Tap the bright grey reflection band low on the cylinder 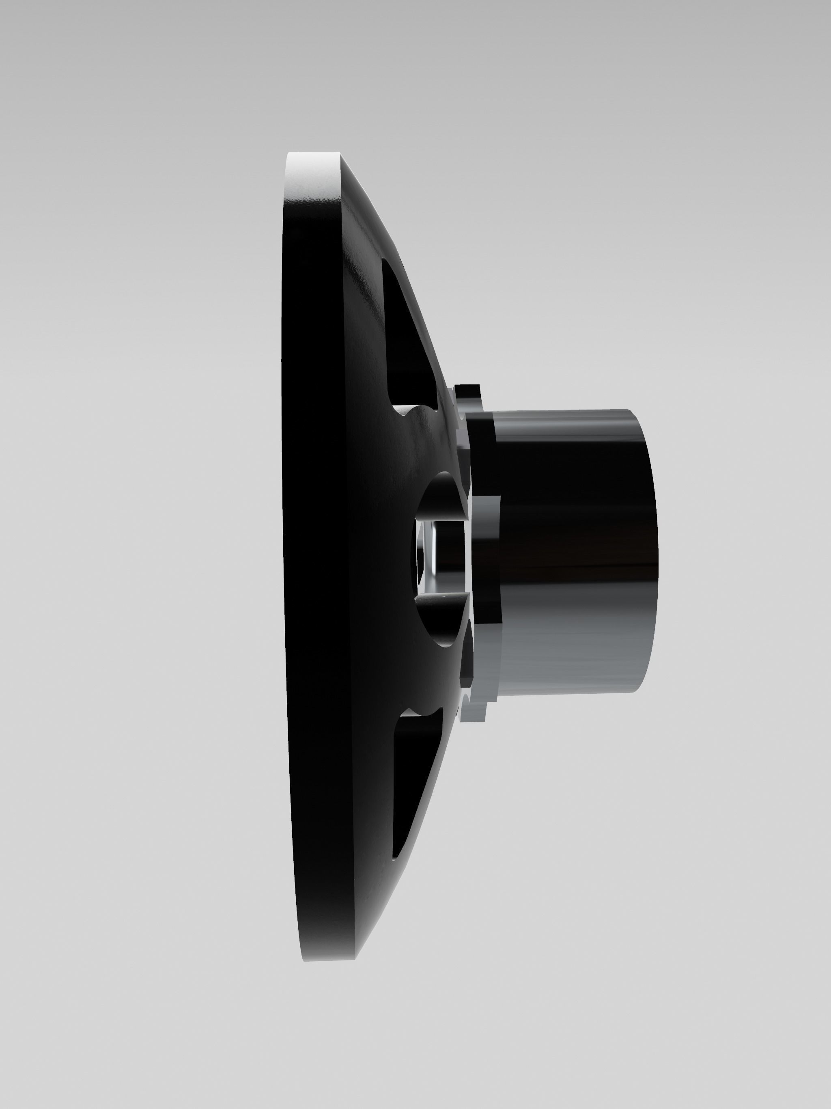(x=566, y=662)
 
